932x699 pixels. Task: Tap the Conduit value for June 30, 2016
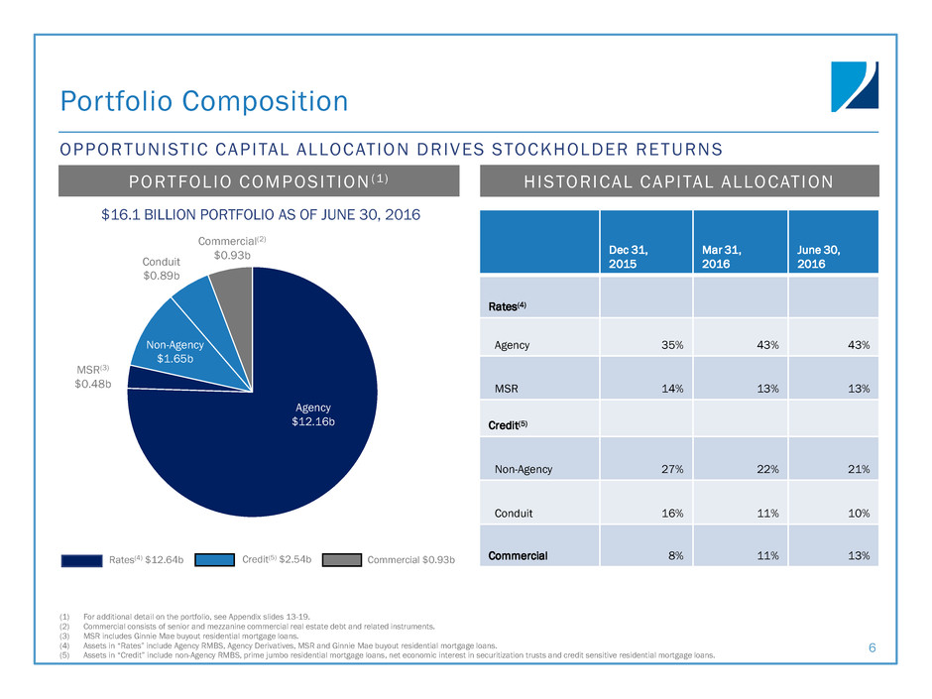tap(856, 514)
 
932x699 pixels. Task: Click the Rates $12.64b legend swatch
tap(80, 560)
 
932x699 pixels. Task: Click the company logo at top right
tap(854, 86)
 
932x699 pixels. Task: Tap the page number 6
tap(873, 648)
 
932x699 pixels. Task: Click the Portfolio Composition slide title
tap(203, 101)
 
